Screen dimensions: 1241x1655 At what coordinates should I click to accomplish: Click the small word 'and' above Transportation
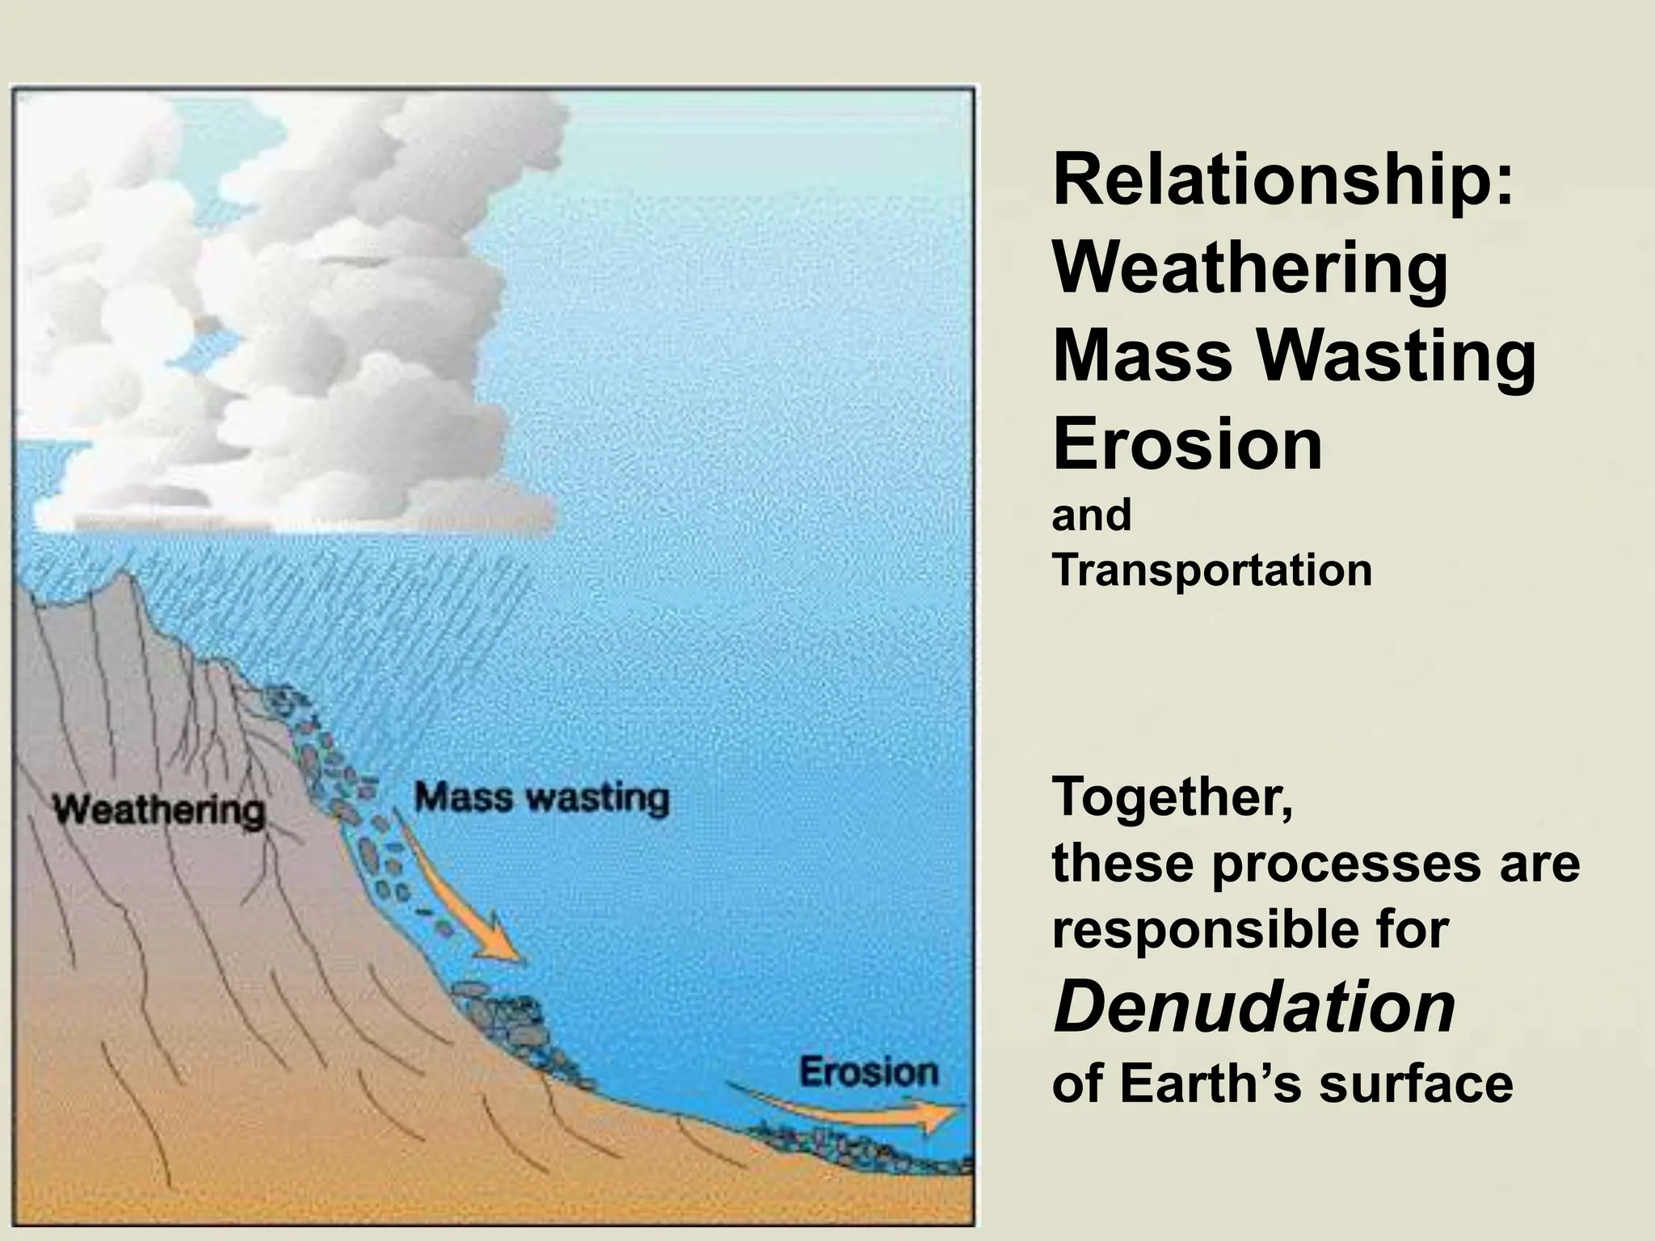[x=1091, y=515]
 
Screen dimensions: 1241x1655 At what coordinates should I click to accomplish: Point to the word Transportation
[x=1212, y=570]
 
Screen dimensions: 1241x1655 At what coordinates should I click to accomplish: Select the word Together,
[x=1172, y=798]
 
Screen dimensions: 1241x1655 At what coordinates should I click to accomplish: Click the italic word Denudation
[x=1254, y=1008]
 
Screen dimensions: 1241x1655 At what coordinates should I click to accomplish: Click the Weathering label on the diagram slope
[x=159, y=810]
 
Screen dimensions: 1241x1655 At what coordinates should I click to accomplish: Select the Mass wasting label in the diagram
[x=541, y=798]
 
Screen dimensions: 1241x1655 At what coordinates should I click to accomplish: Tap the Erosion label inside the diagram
[x=869, y=1072]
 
